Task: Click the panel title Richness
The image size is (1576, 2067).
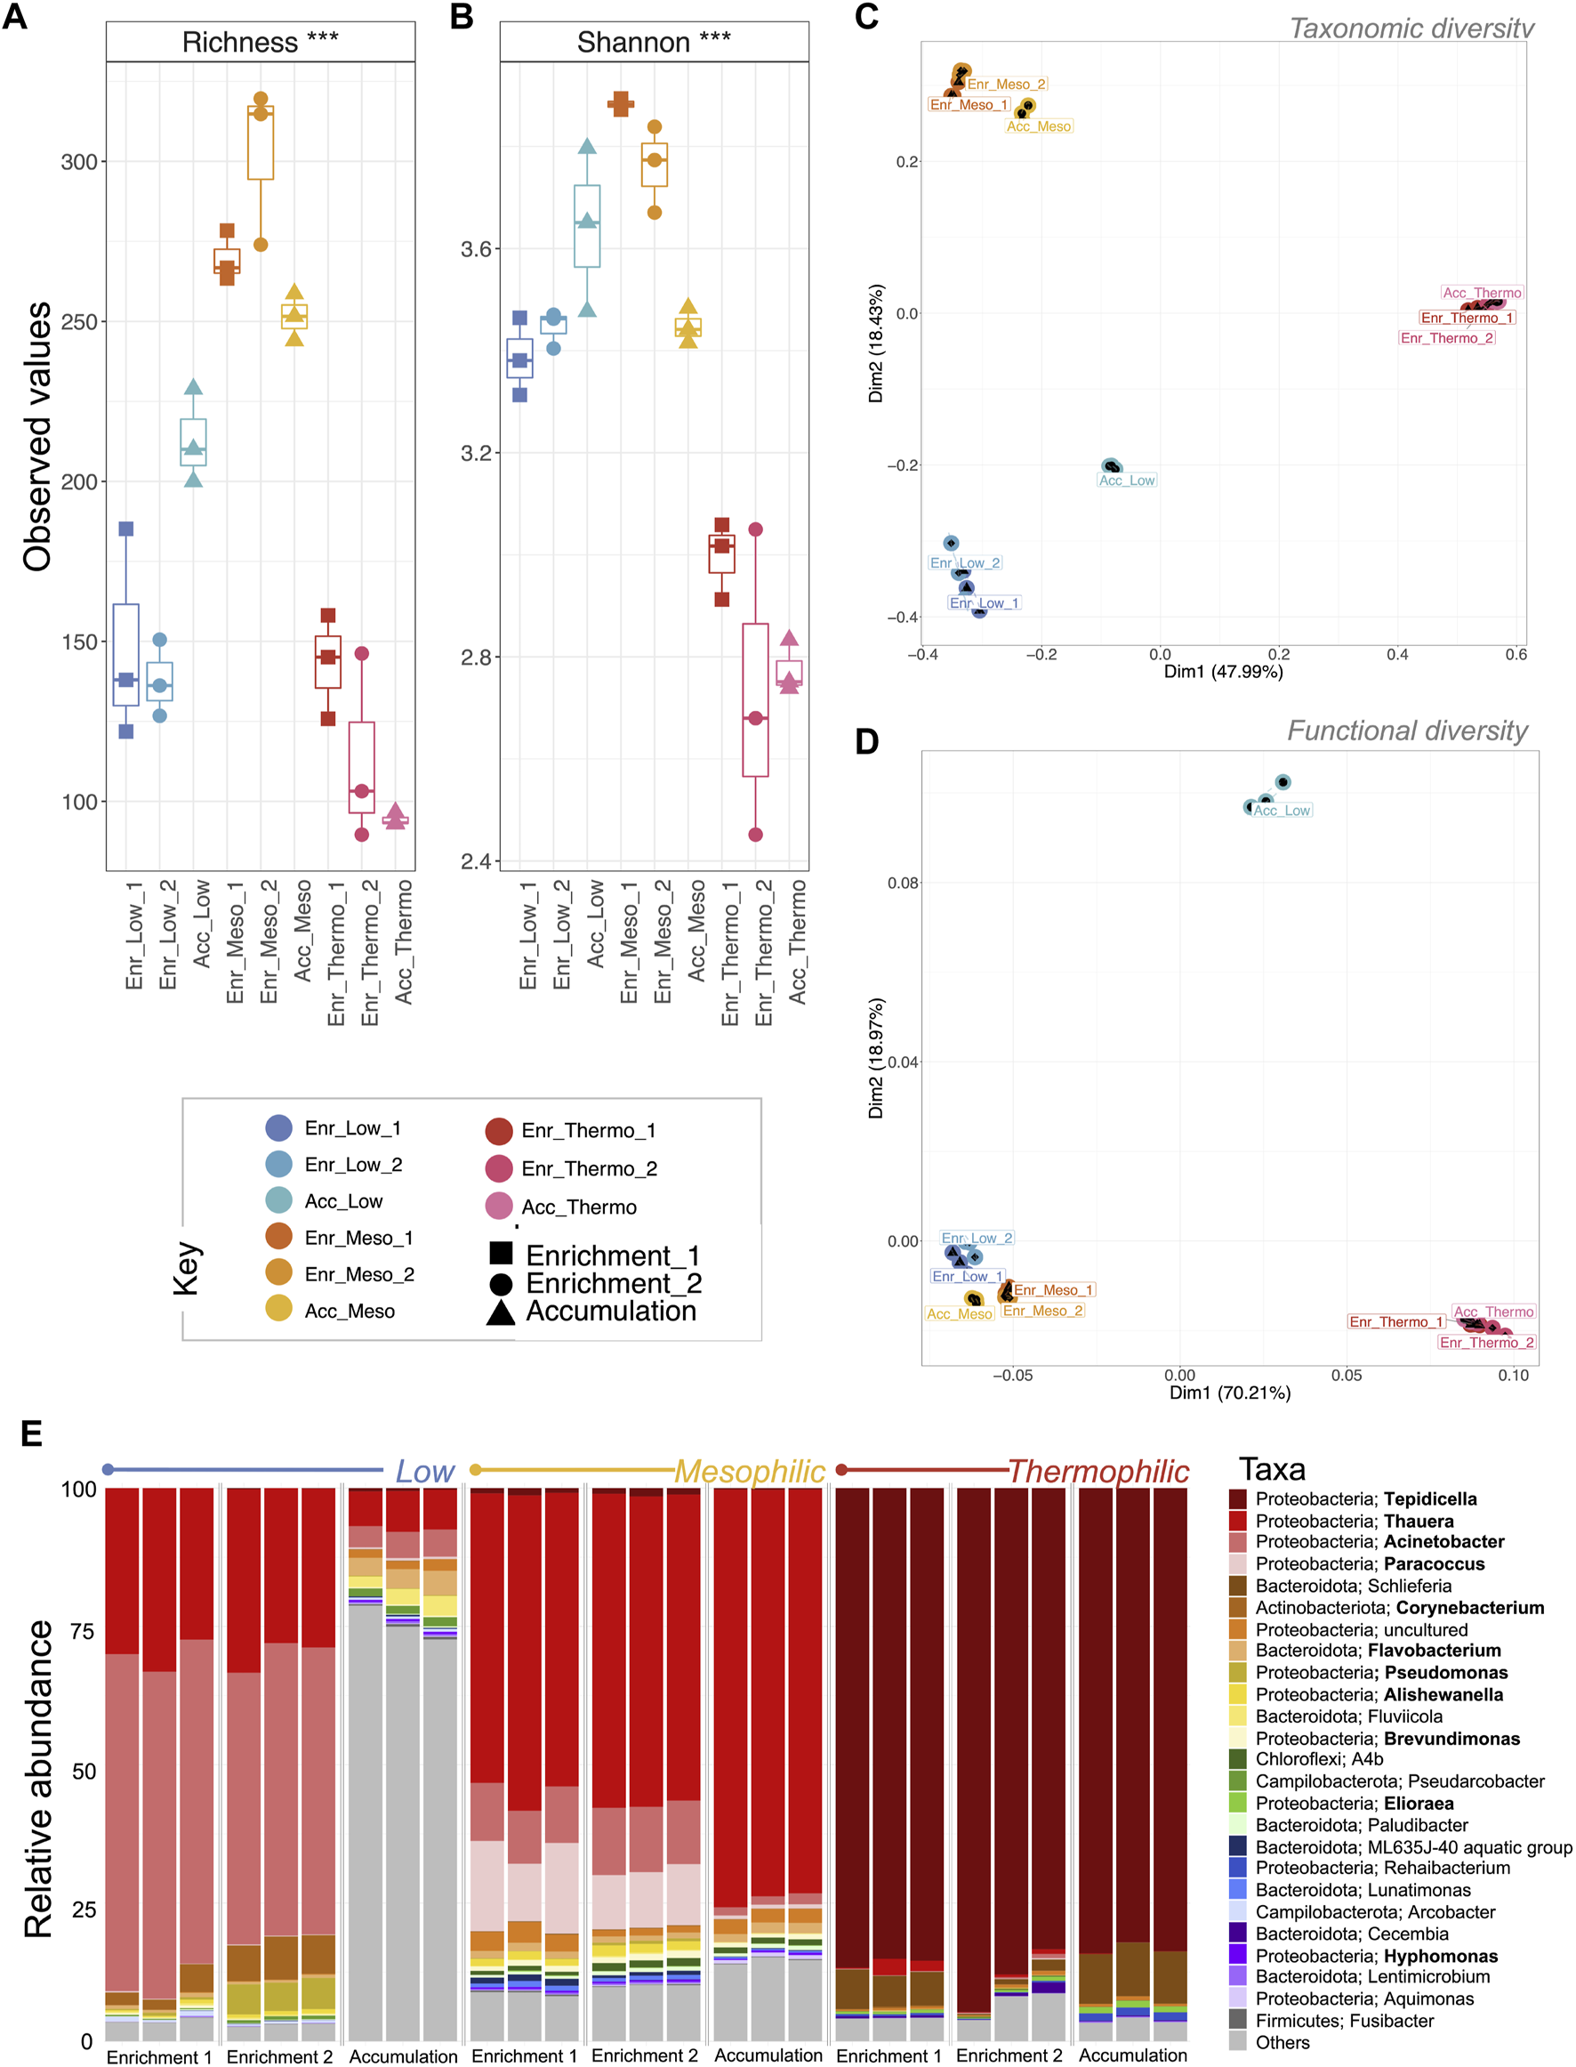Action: (240, 42)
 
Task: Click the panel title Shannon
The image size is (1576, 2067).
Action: (633, 42)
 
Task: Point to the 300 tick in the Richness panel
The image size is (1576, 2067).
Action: (80, 162)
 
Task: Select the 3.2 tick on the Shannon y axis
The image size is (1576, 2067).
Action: (478, 453)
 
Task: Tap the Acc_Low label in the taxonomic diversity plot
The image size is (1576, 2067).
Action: (1127, 480)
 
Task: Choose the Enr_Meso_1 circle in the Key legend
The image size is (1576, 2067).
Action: (278, 1237)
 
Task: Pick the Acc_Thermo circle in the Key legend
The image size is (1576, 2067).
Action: (498, 1206)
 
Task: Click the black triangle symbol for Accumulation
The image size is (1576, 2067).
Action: (501, 1312)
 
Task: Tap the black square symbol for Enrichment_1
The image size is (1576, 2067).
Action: (501, 1253)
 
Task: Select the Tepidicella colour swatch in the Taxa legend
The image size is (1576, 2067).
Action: (1237, 1499)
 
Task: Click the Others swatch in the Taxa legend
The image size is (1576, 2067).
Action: (1237, 2042)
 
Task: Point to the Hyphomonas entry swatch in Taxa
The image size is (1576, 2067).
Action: (1237, 1956)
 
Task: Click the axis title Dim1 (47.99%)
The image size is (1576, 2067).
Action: (1223, 672)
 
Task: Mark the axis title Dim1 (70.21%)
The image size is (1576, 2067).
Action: (1230, 1393)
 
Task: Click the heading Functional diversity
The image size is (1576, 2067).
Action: (1407, 731)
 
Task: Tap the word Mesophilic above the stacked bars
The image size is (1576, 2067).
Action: (750, 1471)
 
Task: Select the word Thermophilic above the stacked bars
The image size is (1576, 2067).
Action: (1098, 1471)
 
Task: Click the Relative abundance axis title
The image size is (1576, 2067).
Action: (38, 1779)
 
